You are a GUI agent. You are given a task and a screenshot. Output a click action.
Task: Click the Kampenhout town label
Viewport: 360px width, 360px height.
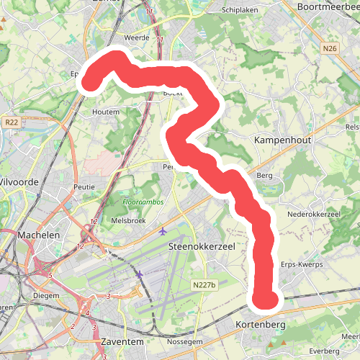coord(283,140)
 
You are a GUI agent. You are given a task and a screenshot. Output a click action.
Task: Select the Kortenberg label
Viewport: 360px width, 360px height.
coord(261,325)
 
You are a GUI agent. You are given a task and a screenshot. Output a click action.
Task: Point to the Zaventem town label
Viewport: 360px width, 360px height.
coord(122,340)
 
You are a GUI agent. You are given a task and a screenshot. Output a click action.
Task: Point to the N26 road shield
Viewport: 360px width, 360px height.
coord(330,49)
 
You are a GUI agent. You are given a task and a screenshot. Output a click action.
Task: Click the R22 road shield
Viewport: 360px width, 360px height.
coord(10,123)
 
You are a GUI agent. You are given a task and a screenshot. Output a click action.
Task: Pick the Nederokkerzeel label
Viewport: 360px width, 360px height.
coord(314,215)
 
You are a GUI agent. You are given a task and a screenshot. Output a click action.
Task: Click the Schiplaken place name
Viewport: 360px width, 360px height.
coord(240,11)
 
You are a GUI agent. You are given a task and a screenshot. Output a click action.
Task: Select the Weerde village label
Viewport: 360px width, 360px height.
coord(136,37)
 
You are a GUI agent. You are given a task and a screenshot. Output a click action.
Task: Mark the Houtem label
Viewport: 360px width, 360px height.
coord(107,112)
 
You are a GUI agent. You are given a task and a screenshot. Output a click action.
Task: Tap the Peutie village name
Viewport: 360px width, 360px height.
coord(84,186)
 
